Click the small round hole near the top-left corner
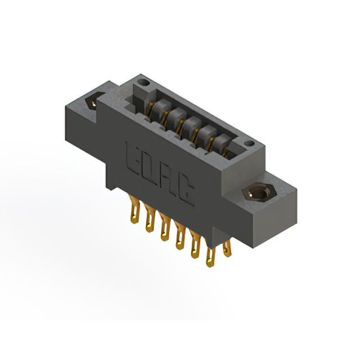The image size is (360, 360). point(143,82)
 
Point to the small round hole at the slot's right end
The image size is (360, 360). point(249,144)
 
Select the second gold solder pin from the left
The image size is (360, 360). point(149,218)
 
